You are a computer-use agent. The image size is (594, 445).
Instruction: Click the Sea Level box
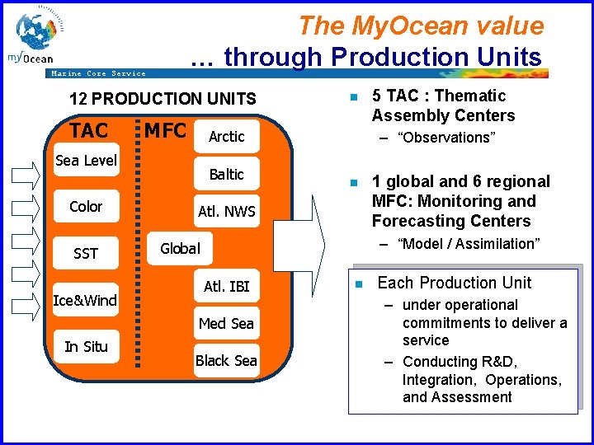click(x=86, y=161)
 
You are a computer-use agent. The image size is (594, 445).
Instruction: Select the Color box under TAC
click(x=86, y=207)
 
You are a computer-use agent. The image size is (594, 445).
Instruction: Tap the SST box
click(x=86, y=254)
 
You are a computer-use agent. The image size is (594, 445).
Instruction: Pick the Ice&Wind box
click(x=86, y=301)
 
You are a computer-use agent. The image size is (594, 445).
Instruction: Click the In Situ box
click(x=86, y=347)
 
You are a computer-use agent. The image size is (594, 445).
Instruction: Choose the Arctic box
click(x=226, y=137)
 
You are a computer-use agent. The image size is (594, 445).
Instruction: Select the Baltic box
click(x=226, y=175)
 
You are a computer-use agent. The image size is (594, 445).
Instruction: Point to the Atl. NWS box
click(x=226, y=213)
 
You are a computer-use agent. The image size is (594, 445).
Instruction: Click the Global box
click(x=180, y=248)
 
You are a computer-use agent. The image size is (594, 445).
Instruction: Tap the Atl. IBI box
click(x=226, y=287)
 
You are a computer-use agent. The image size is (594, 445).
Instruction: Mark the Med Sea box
click(x=226, y=324)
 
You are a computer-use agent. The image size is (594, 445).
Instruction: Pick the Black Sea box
click(x=226, y=361)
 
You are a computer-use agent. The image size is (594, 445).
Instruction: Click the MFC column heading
click(x=165, y=130)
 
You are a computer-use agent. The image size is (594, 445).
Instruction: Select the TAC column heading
click(x=88, y=131)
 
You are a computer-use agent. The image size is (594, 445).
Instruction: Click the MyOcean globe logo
click(x=37, y=37)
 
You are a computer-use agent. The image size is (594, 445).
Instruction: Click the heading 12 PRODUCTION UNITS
click(x=163, y=99)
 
